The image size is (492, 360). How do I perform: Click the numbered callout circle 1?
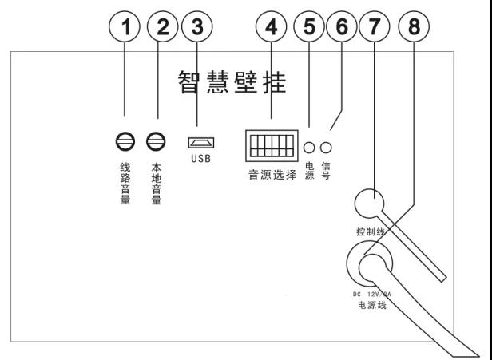click(125, 28)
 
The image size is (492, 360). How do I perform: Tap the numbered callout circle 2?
click(164, 28)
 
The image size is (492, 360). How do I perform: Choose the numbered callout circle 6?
click(343, 28)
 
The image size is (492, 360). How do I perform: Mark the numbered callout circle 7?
click(374, 28)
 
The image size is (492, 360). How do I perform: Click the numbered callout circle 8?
click(414, 28)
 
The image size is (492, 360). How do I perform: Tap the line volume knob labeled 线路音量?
click(125, 143)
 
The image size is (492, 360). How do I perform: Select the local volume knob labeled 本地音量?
click(156, 143)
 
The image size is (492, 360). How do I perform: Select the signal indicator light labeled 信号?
click(326, 147)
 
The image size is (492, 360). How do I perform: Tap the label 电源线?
click(371, 306)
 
